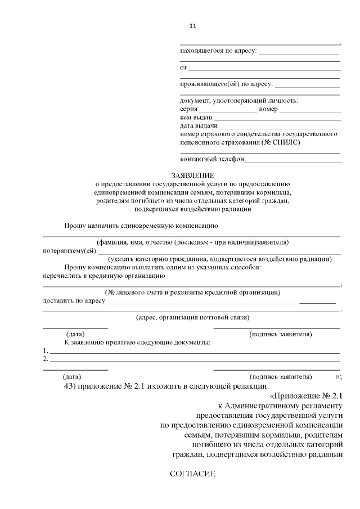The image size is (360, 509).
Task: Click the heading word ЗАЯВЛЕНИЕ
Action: pyautogui.click(x=193, y=175)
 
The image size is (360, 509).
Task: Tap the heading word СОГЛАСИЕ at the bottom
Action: pyautogui.click(x=193, y=474)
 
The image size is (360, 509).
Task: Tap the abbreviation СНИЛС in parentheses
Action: pyautogui.click(x=287, y=143)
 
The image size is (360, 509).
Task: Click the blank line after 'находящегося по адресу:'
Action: pyautogui.click(x=299, y=53)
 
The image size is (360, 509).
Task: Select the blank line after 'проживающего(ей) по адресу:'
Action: pyautogui.click(x=307, y=86)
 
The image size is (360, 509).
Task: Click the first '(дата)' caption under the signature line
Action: pyautogui.click(x=75, y=334)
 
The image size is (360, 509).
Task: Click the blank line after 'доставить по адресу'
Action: pyautogui.click(x=202, y=303)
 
